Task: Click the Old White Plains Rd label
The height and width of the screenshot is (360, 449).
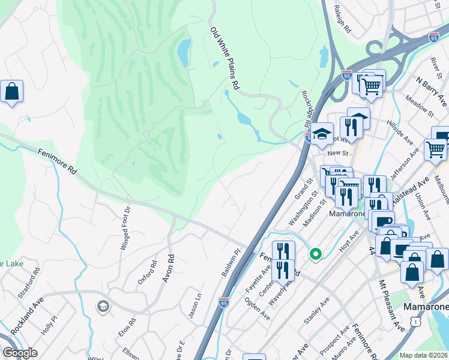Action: [x=224, y=58]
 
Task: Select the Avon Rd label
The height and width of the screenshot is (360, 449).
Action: [x=171, y=266]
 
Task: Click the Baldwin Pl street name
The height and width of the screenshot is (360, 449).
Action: [x=231, y=263]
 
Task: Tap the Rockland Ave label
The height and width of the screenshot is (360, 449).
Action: [x=28, y=316]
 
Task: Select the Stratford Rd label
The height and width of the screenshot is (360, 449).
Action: [x=29, y=283]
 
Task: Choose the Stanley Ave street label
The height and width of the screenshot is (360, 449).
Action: [x=317, y=311]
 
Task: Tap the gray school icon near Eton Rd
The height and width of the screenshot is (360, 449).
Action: [x=103, y=307]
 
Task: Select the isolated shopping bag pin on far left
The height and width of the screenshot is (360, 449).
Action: [x=11, y=92]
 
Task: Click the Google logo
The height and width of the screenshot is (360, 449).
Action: [x=20, y=353]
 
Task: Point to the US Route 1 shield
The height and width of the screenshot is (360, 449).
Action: [x=414, y=322]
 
